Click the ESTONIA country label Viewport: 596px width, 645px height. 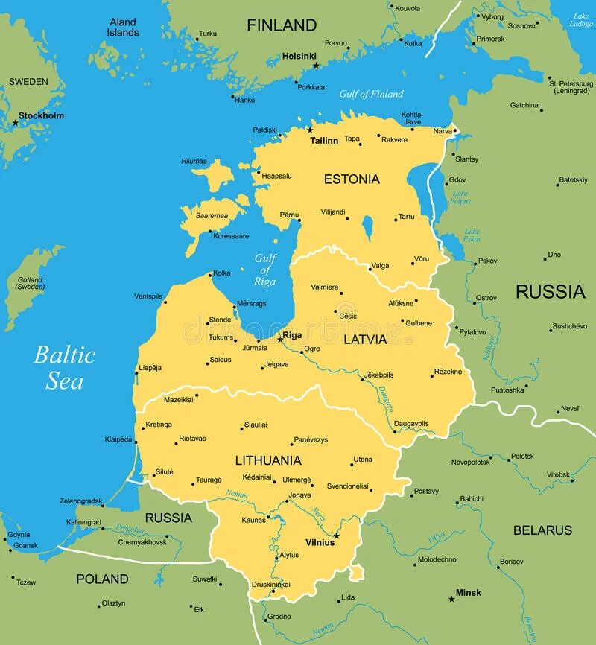coord(352,179)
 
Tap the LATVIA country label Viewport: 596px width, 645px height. coord(365,339)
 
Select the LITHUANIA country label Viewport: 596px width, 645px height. coord(268,460)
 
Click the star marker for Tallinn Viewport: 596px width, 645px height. coord(310,130)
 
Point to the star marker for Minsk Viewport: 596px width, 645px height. coord(451,598)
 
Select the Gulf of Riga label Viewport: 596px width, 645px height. coord(264,270)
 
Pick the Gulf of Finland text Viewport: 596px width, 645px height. coord(371,94)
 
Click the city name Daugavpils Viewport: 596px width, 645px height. coord(411,423)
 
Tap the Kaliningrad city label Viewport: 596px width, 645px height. coord(83,522)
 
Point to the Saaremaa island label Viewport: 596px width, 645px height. coord(212,216)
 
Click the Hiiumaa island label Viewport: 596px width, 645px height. coord(194,161)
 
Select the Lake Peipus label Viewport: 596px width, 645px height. coord(460,197)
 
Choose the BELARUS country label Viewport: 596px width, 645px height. coord(542,530)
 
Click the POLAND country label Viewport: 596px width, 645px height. coord(102,579)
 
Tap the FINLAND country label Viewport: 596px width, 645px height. coord(282,25)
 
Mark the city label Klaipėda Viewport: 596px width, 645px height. coord(118,439)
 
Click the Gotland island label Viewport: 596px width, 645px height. coord(30,283)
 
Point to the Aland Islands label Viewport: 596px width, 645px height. coord(123,28)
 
